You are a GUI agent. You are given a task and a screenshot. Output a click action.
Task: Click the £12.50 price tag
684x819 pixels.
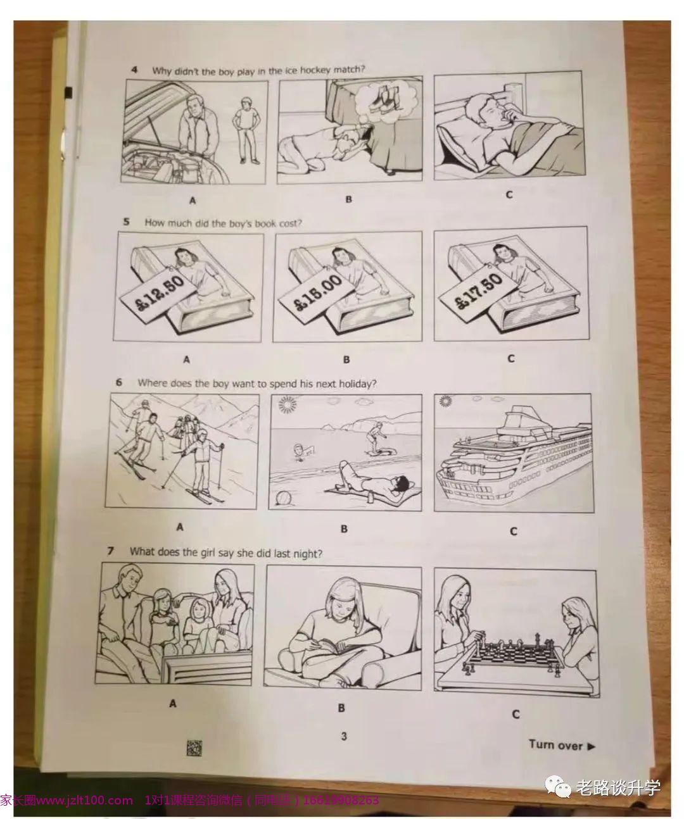[158, 294]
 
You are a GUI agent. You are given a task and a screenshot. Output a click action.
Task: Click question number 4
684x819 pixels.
[135, 70]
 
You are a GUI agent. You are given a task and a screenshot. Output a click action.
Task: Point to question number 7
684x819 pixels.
[111, 551]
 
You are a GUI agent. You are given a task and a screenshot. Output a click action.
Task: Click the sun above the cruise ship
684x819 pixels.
[445, 401]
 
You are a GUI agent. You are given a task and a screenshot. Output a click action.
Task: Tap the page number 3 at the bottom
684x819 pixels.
[344, 736]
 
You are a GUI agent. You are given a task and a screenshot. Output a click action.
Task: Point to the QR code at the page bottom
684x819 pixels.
[194, 747]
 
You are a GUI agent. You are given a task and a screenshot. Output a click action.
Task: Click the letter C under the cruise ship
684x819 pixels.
[513, 531]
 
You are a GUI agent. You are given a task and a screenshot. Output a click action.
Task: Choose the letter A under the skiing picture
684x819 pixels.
[180, 527]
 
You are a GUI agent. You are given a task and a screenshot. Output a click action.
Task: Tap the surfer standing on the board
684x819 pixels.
[374, 436]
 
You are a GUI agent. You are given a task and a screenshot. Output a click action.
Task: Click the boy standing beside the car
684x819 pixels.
[247, 130]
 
